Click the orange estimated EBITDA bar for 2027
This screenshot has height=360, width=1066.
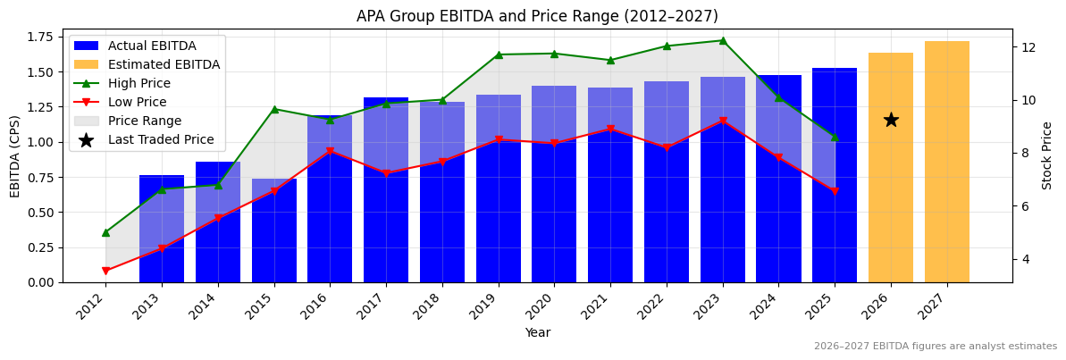[x=946, y=162]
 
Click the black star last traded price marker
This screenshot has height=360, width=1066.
[x=891, y=120]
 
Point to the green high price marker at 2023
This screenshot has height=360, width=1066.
[x=722, y=40]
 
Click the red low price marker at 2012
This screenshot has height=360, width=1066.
[x=105, y=271]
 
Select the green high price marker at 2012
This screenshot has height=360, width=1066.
[x=105, y=232]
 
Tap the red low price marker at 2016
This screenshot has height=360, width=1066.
[x=330, y=152]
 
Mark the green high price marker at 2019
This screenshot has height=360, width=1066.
[x=498, y=54]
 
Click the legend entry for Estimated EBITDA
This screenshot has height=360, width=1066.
[x=164, y=64]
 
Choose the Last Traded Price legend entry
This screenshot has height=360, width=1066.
[x=161, y=139]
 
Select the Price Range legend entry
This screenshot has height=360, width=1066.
[x=144, y=121]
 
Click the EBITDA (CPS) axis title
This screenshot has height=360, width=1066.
[x=15, y=155]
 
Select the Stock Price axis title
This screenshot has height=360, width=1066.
[x=1047, y=155]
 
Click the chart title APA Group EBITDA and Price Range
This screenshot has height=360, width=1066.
[x=537, y=16]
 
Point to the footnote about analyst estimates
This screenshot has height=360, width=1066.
[x=935, y=347]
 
